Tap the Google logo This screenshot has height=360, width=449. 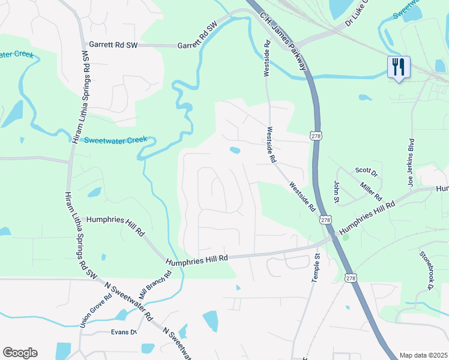tap(20, 353)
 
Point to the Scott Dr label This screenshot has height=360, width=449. tap(366, 173)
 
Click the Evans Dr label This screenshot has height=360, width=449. tap(124, 332)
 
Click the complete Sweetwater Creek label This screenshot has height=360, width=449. tap(115, 140)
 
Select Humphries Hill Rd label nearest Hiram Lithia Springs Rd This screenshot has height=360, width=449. tap(115, 225)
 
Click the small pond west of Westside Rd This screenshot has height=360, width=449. tap(235, 150)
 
